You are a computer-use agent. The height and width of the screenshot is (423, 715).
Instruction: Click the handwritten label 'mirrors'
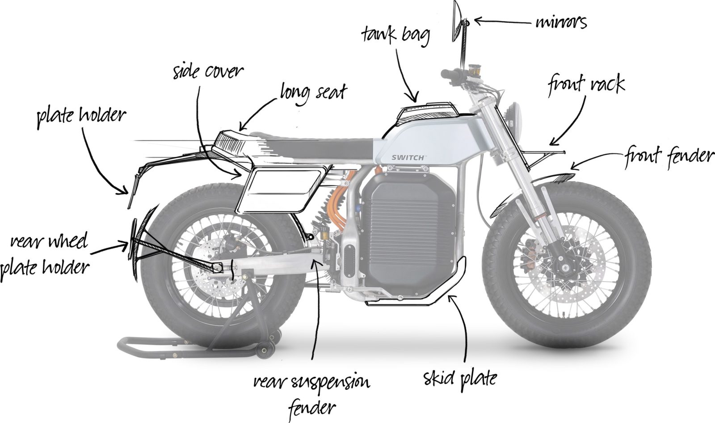(x=561, y=21)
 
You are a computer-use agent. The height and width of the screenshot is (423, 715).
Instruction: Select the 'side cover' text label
(x=208, y=72)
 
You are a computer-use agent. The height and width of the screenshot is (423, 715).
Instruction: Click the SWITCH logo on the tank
(x=409, y=157)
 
